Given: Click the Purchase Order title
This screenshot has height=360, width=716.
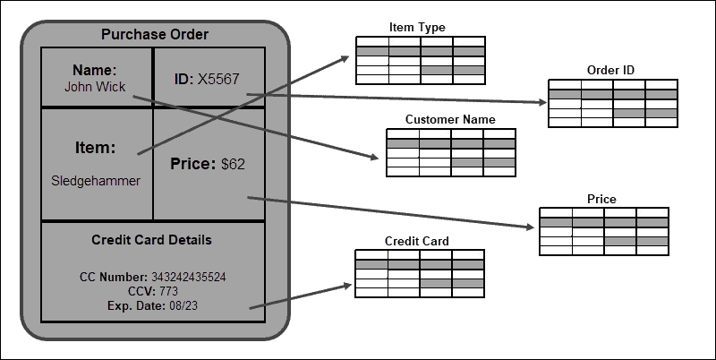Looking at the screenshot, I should point(154,35).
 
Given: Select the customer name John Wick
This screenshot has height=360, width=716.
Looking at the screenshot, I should point(94,87).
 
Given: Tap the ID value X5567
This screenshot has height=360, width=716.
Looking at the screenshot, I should point(219,79).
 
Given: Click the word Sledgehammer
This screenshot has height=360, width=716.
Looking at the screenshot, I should point(96,181).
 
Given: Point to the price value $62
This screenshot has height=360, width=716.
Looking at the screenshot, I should point(233,164).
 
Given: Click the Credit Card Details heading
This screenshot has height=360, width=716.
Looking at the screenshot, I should point(151,240).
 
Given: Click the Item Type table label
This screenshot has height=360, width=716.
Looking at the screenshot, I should point(417,28).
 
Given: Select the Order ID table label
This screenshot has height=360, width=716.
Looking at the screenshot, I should point(610,71).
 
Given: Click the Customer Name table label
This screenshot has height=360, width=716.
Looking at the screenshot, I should point(449,119).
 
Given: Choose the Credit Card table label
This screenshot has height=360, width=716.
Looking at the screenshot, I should point(416,241).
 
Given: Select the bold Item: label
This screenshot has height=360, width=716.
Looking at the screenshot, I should point(94,147).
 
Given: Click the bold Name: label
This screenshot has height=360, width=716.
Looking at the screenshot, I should point(95,70).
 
